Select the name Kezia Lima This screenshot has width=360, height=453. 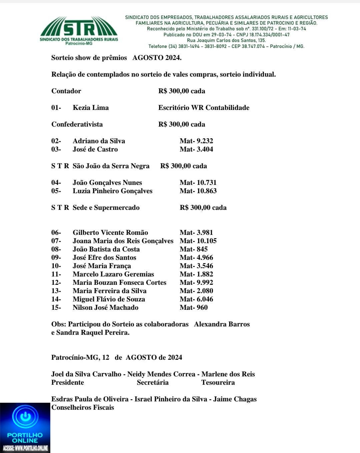coord(91,108)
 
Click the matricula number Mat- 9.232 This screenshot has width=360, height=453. coord(196,141)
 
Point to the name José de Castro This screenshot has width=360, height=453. coord(95,149)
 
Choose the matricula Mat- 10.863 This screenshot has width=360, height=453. coord(198,191)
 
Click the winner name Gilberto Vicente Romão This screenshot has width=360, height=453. coord(110,232)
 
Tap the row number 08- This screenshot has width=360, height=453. coord(56,249)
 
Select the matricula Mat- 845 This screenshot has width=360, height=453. coord(194,249)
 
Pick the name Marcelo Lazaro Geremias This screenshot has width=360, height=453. coord(113,274)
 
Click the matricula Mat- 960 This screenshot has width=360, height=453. coord(194,307)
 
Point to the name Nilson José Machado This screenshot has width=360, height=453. coord(105,307)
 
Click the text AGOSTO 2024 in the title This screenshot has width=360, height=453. coord(157,58)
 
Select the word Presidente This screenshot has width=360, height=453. coord(68,382)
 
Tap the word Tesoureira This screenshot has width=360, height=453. coord(218,382)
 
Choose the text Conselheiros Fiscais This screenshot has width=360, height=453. coord(83,407)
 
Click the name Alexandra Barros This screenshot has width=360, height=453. coord(222,324)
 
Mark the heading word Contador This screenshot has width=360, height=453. coord(66,91)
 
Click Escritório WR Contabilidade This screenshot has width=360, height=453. coord(204,108)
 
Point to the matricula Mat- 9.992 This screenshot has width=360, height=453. coord(196,282)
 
